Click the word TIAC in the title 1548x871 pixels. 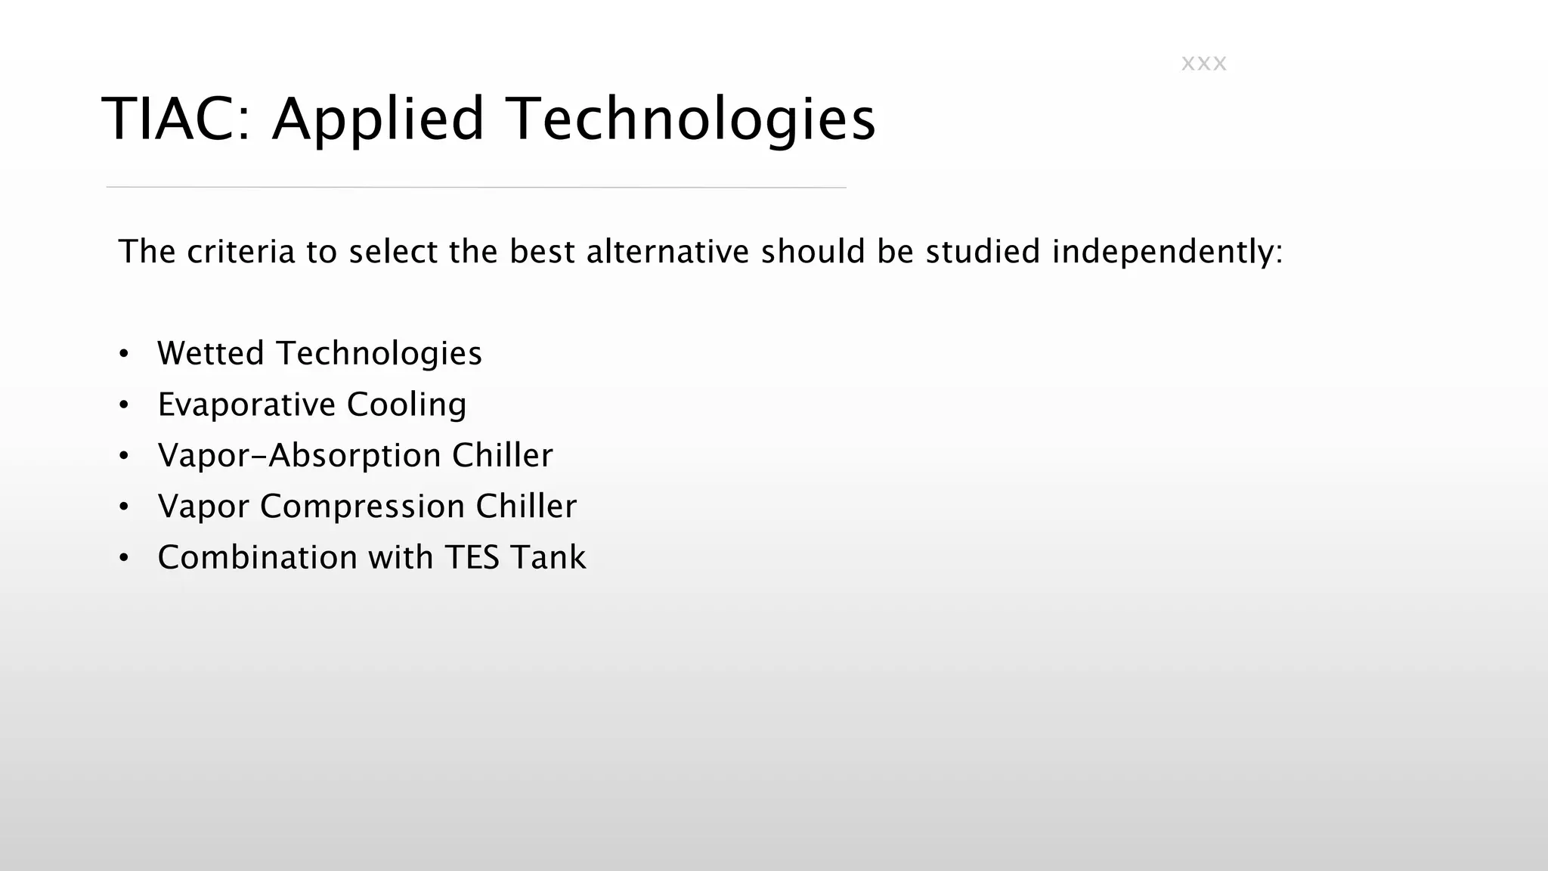click(x=175, y=119)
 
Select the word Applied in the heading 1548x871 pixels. click(x=378, y=119)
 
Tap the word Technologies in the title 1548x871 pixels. click(x=691, y=119)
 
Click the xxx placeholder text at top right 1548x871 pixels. click(x=1203, y=64)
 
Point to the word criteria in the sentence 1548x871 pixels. click(x=240, y=252)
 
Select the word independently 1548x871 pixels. click(x=1167, y=252)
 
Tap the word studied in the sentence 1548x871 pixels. click(x=983, y=252)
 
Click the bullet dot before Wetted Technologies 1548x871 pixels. click(x=124, y=354)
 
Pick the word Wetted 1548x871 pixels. click(x=210, y=353)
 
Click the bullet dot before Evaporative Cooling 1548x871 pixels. click(x=124, y=405)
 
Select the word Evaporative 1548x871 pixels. click(x=246, y=405)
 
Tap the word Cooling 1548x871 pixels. click(x=406, y=405)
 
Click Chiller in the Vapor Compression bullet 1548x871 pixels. click(x=525, y=507)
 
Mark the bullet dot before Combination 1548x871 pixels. click(x=124, y=558)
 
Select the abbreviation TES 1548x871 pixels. click(x=472, y=557)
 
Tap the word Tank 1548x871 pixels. click(x=547, y=557)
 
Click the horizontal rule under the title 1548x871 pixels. click(x=476, y=187)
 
